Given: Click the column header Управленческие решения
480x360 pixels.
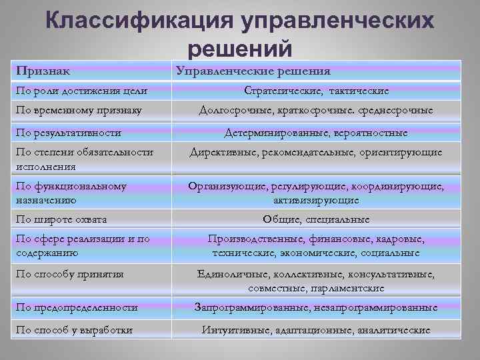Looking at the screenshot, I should coord(253,71).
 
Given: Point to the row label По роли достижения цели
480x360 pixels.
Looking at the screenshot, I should coord(81,90).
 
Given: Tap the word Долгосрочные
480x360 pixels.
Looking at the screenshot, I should coord(234,110).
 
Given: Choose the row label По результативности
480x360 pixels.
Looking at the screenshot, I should coord(68,133).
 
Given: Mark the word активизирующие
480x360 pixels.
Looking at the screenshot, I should coord(316,199).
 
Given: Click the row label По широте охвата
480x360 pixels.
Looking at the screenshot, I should coord(61,219).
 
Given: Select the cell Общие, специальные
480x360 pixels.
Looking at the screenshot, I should coord(316,219).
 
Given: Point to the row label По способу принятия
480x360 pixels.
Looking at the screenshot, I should coord(70,273).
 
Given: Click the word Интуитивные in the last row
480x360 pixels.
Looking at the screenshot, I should coord(235,329).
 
